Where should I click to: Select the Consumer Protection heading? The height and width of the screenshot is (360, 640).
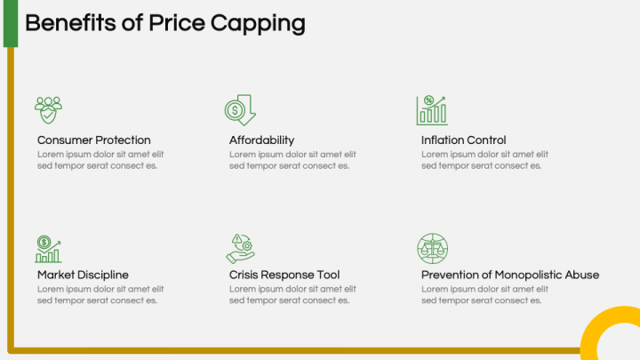pos(94,140)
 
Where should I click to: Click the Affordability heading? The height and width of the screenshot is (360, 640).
pos(261,140)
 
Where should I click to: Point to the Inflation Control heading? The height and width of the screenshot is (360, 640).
pos(463,140)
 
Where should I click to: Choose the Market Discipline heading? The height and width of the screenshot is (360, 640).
pos(83,275)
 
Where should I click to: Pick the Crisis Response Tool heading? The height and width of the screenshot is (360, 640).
pos(284,275)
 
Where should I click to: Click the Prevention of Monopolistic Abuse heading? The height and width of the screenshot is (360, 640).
pos(509,275)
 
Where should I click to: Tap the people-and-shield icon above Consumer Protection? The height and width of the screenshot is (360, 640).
pos(48,109)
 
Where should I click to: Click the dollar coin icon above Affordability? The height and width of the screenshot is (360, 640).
pos(240,109)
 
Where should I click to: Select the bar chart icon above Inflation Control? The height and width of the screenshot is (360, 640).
pos(432,110)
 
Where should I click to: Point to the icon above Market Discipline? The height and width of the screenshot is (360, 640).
pos(48,248)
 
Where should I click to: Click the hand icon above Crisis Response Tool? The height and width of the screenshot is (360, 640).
pos(240,248)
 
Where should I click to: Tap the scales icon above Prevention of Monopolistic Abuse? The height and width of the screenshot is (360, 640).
pos(432,248)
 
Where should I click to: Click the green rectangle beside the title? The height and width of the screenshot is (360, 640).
pos(11,22)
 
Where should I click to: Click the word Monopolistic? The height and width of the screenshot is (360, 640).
pos(531,275)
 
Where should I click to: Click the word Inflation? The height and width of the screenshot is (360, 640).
pos(443,140)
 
